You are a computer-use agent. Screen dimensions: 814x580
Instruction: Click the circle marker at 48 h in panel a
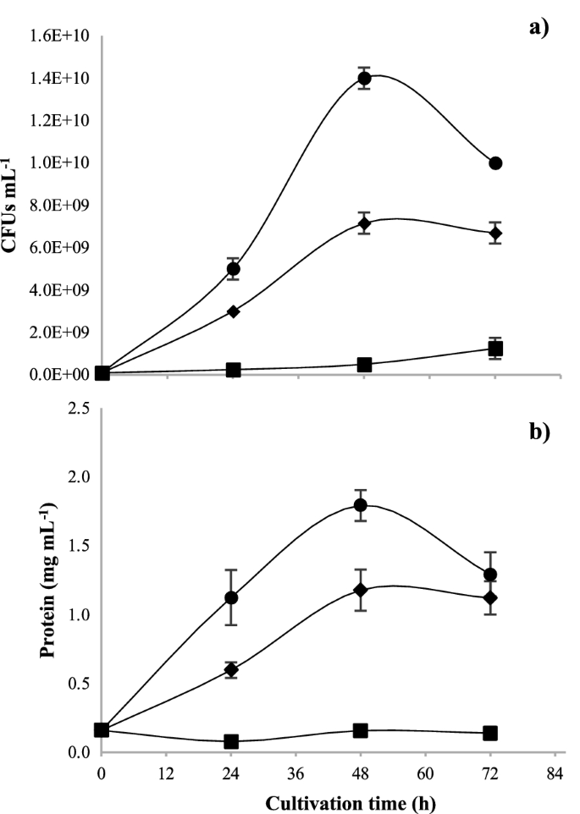coord(364,79)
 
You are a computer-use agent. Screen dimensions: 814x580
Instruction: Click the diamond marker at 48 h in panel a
coord(364,224)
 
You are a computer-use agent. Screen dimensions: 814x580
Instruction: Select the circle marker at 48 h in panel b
coord(360,505)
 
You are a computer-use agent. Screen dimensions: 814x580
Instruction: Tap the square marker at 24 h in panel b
coord(230,741)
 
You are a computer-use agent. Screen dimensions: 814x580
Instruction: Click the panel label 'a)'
coord(539,26)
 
